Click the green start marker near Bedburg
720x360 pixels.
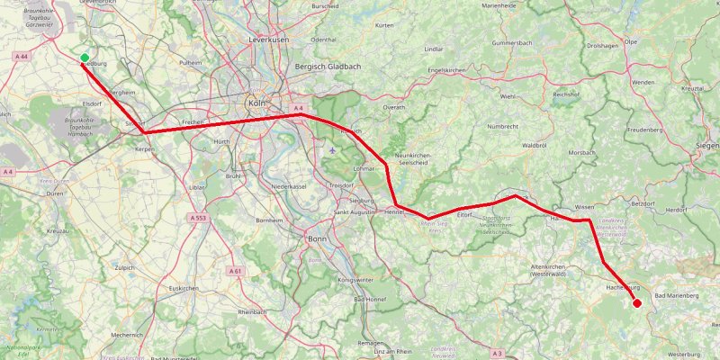(85, 58)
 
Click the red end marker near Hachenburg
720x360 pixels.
(637, 303)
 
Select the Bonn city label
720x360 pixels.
(317, 238)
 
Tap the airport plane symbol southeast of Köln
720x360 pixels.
(335, 149)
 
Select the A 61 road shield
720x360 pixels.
(236, 270)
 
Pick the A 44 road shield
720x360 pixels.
(22, 57)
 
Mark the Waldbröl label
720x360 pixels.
(535, 144)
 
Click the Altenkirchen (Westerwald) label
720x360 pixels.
(560, 271)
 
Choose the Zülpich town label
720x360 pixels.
(124, 267)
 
